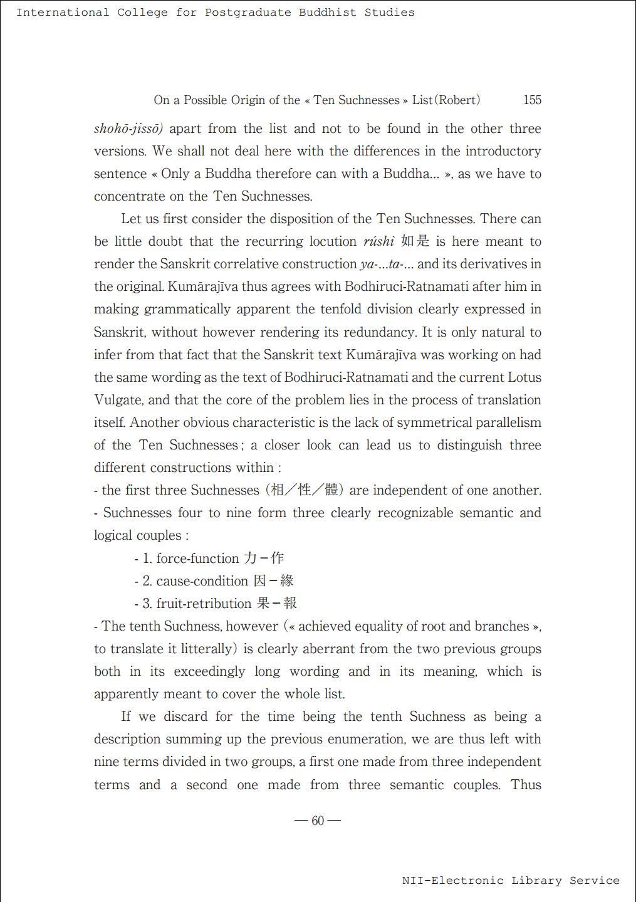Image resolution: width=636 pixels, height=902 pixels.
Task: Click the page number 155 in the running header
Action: (532, 100)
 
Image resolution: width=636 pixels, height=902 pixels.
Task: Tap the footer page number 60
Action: (318, 821)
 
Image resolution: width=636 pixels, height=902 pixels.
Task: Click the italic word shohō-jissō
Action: (128, 129)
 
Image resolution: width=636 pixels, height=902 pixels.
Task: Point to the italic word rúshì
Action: (378, 241)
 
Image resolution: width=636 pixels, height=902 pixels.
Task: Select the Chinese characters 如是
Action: (415, 241)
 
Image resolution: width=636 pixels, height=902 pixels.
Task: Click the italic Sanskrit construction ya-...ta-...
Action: (387, 264)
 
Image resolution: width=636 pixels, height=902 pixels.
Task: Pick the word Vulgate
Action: (118, 400)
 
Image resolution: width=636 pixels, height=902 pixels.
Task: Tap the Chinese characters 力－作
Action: (264, 558)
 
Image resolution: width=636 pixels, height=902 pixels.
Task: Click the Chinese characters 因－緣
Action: (274, 580)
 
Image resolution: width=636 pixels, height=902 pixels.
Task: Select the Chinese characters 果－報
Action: (276, 603)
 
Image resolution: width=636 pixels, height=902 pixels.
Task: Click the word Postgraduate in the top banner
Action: (248, 13)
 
